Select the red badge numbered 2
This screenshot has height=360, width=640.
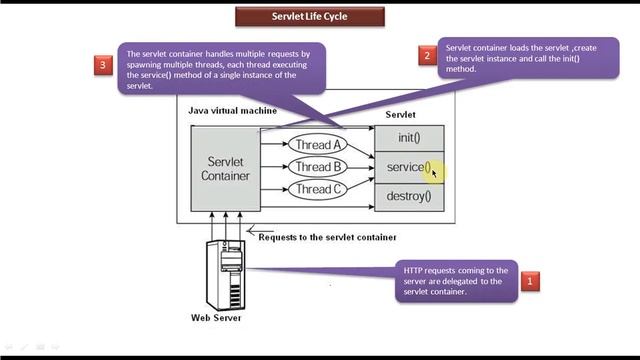[427, 56]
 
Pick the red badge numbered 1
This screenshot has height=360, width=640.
[530, 282]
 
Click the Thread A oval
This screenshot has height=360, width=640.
[318, 145]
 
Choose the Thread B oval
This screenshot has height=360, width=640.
[318, 167]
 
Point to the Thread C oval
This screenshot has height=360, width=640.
[318, 189]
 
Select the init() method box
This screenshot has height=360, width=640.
[408, 138]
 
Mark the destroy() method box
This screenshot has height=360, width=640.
[408, 196]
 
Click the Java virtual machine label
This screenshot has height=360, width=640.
[233, 110]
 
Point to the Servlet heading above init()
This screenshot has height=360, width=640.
[401, 115]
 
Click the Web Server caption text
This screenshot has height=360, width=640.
[216, 319]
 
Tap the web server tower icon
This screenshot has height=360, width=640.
[225, 275]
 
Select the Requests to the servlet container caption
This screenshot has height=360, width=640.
[327, 237]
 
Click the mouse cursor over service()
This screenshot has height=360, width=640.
[434, 172]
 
